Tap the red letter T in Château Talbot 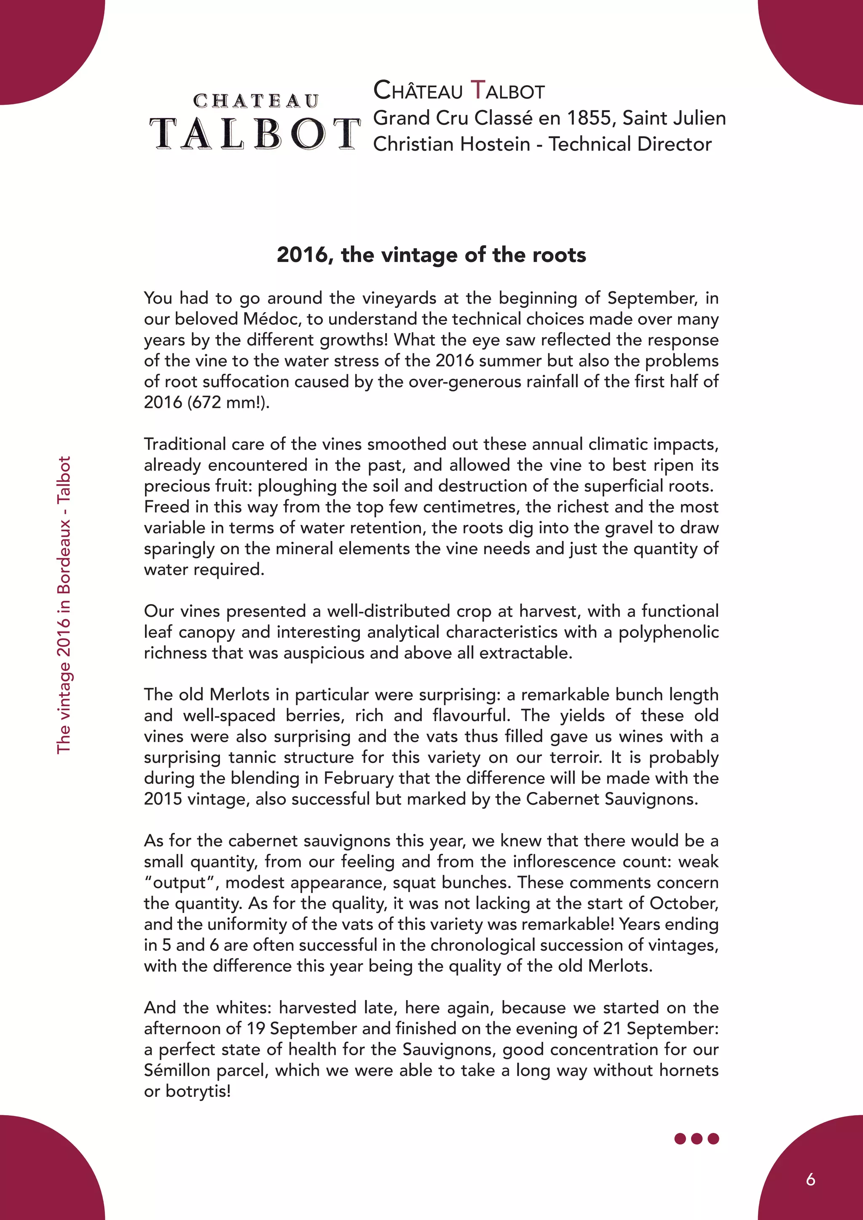(x=478, y=90)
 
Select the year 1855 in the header (x=589, y=118)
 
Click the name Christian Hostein (x=452, y=144)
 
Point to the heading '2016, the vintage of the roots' (x=431, y=255)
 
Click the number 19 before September (x=256, y=1028)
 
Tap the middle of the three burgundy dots (x=697, y=1139)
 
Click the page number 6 (x=810, y=1180)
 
